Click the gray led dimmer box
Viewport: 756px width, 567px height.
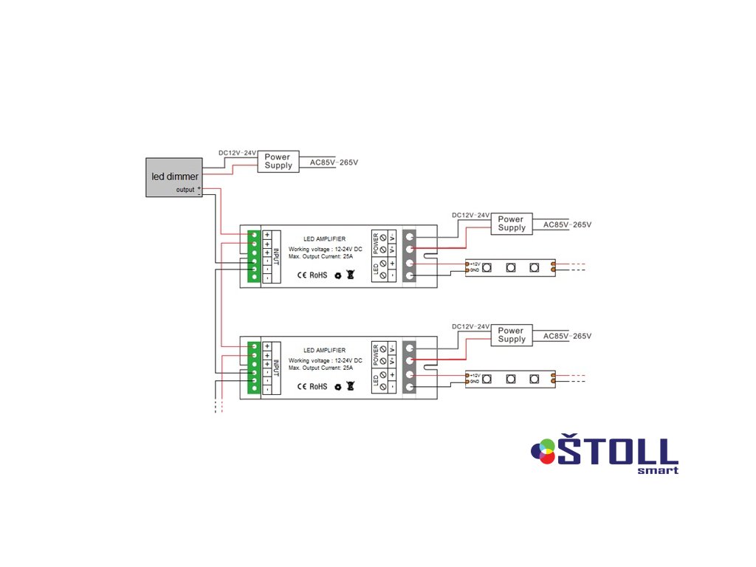173,177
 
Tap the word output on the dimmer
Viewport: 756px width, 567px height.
185,190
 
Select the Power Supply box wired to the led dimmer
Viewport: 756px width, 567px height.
278,161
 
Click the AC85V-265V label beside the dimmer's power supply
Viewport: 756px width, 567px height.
334,162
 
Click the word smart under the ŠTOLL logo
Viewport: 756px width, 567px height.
657,470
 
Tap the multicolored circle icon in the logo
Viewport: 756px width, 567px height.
543,450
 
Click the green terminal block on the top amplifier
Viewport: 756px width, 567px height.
254,255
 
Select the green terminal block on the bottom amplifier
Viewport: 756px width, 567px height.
254,367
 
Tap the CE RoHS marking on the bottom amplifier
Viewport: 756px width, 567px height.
312,386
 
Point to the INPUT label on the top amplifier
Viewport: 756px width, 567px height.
277,255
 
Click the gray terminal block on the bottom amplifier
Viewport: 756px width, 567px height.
410,367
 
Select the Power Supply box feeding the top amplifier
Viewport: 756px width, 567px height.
511,224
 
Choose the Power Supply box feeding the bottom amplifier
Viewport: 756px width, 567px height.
511,335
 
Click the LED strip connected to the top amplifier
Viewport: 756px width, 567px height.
510,268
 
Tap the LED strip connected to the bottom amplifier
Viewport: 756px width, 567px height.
510,379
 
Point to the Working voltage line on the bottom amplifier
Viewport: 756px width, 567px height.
325,360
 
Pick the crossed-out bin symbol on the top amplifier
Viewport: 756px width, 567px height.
351,275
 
